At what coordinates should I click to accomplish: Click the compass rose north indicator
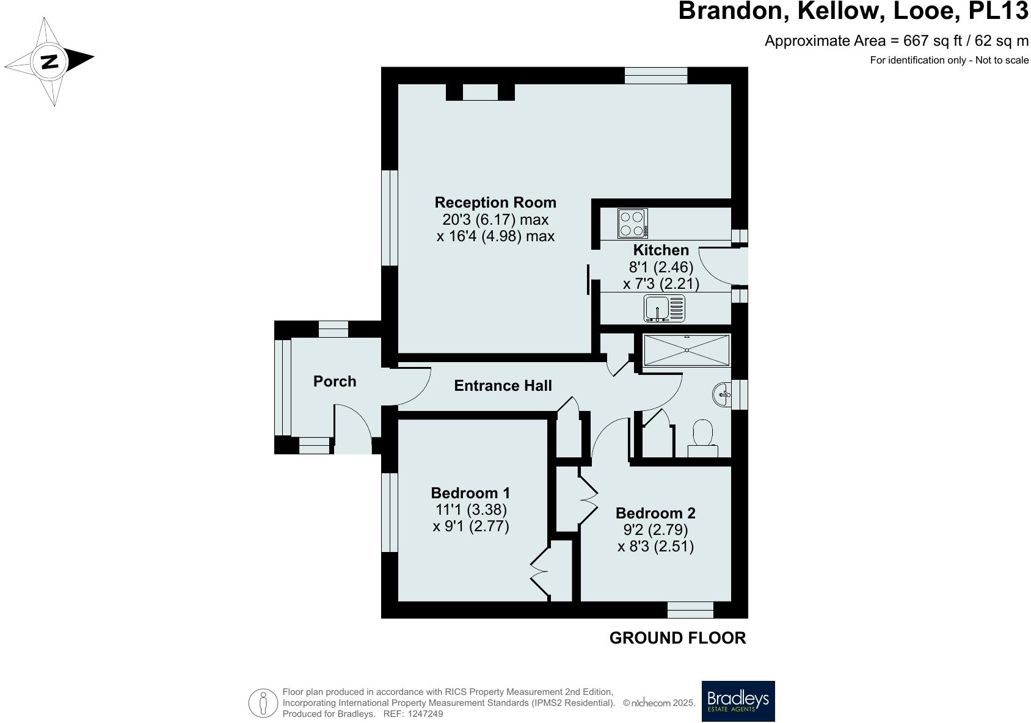[x=49, y=62]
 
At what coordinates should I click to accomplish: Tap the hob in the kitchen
[x=632, y=223]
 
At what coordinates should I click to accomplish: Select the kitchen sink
[x=665, y=308]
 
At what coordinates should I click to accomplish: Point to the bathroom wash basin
[x=722, y=394]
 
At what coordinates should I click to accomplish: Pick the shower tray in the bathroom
[x=687, y=350]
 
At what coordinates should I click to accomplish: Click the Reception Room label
[x=495, y=202]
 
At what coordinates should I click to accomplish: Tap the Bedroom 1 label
[x=470, y=493]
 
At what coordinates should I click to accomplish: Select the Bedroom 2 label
[x=655, y=513]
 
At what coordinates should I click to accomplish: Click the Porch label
[x=335, y=382]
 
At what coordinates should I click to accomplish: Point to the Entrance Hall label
[x=503, y=385]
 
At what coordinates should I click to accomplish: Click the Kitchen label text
[x=661, y=250]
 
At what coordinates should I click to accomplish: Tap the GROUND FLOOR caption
[x=677, y=638]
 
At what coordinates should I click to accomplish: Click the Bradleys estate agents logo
[x=738, y=701]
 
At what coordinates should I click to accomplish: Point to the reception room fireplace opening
[x=480, y=92]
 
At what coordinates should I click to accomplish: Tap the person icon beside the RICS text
[x=263, y=703]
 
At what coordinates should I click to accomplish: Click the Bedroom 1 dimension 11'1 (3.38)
[x=470, y=509]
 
